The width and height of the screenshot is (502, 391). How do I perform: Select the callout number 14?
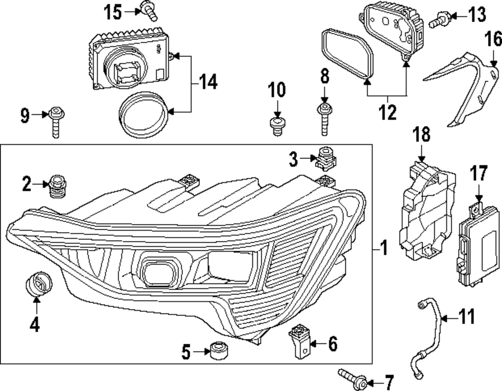click(206, 82)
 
